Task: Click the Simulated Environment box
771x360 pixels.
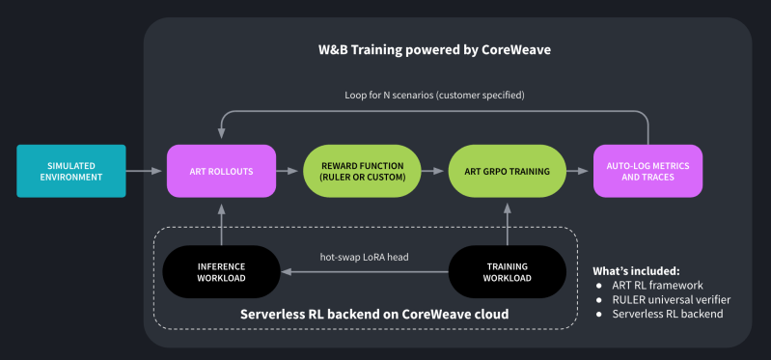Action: tap(71, 172)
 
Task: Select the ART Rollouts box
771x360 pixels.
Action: tap(222, 172)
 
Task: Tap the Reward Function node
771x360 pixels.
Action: tap(363, 172)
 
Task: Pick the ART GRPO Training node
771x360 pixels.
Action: tap(508, 172)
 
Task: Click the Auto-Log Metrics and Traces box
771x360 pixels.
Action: tap(648, 172)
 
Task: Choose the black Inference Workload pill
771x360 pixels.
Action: tap(222, 271)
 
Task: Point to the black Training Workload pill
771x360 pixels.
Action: tap(508, 271)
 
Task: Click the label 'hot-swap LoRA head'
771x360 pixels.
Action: tap(364, 258)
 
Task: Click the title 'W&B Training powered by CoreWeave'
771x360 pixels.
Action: tap(434, 48)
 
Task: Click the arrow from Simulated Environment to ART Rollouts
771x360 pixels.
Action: tap(147, 172)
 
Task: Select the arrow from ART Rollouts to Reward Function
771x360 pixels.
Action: tap(290, 172)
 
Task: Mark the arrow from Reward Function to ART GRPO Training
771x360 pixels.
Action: tap(435, 172)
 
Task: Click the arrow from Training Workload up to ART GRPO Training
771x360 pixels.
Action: tap(508, 222)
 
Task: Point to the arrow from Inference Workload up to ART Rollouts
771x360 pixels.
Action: tap(222, 222)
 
